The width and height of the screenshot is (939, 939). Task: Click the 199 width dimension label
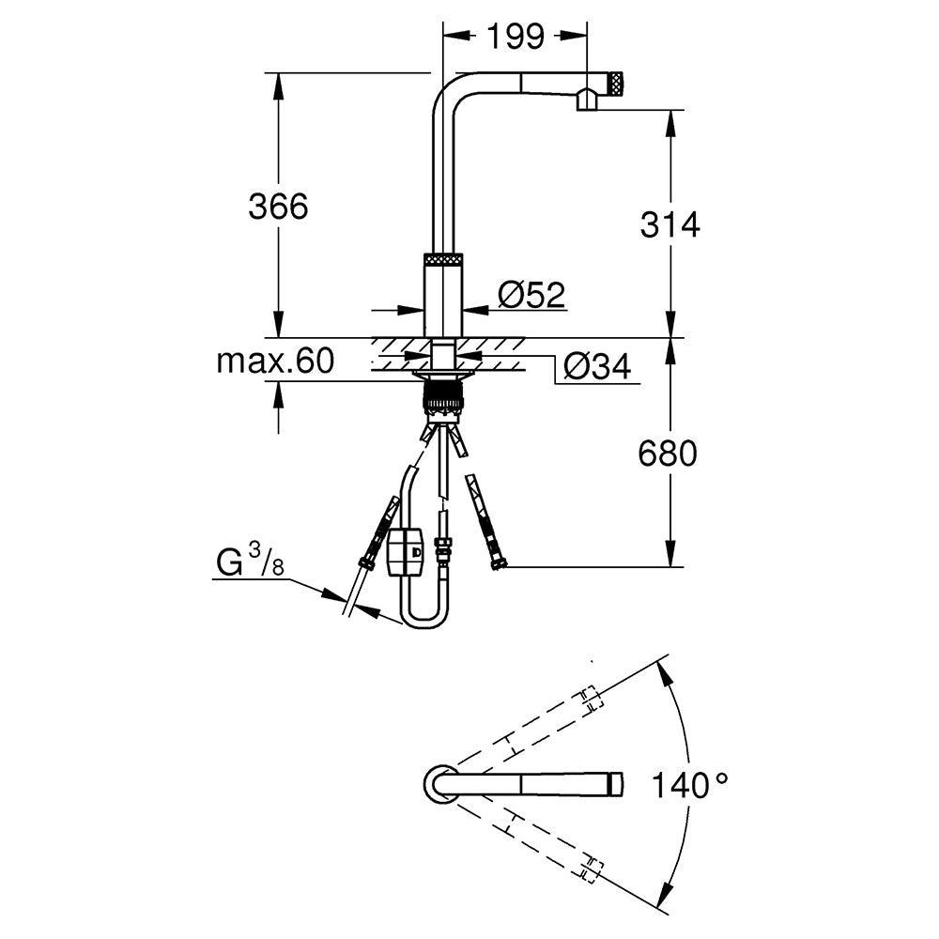[x=516, y=37]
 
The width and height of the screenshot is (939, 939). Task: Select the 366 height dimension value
[x=278, y=207]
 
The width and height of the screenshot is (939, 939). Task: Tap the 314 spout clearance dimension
[x=670, y=224]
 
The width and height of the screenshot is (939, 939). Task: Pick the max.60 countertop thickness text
[x=274, y=362]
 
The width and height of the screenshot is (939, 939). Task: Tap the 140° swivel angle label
[x=693, y=784]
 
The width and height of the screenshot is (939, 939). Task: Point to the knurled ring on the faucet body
[x=444, y=259]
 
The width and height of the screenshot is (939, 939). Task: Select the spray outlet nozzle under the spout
[x=587, y=100]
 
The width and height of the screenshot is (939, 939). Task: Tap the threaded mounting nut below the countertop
[x=444, y=395]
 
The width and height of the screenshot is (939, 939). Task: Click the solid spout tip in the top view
[x=616, y=782]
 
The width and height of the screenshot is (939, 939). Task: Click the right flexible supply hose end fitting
[x=498, y=562]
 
